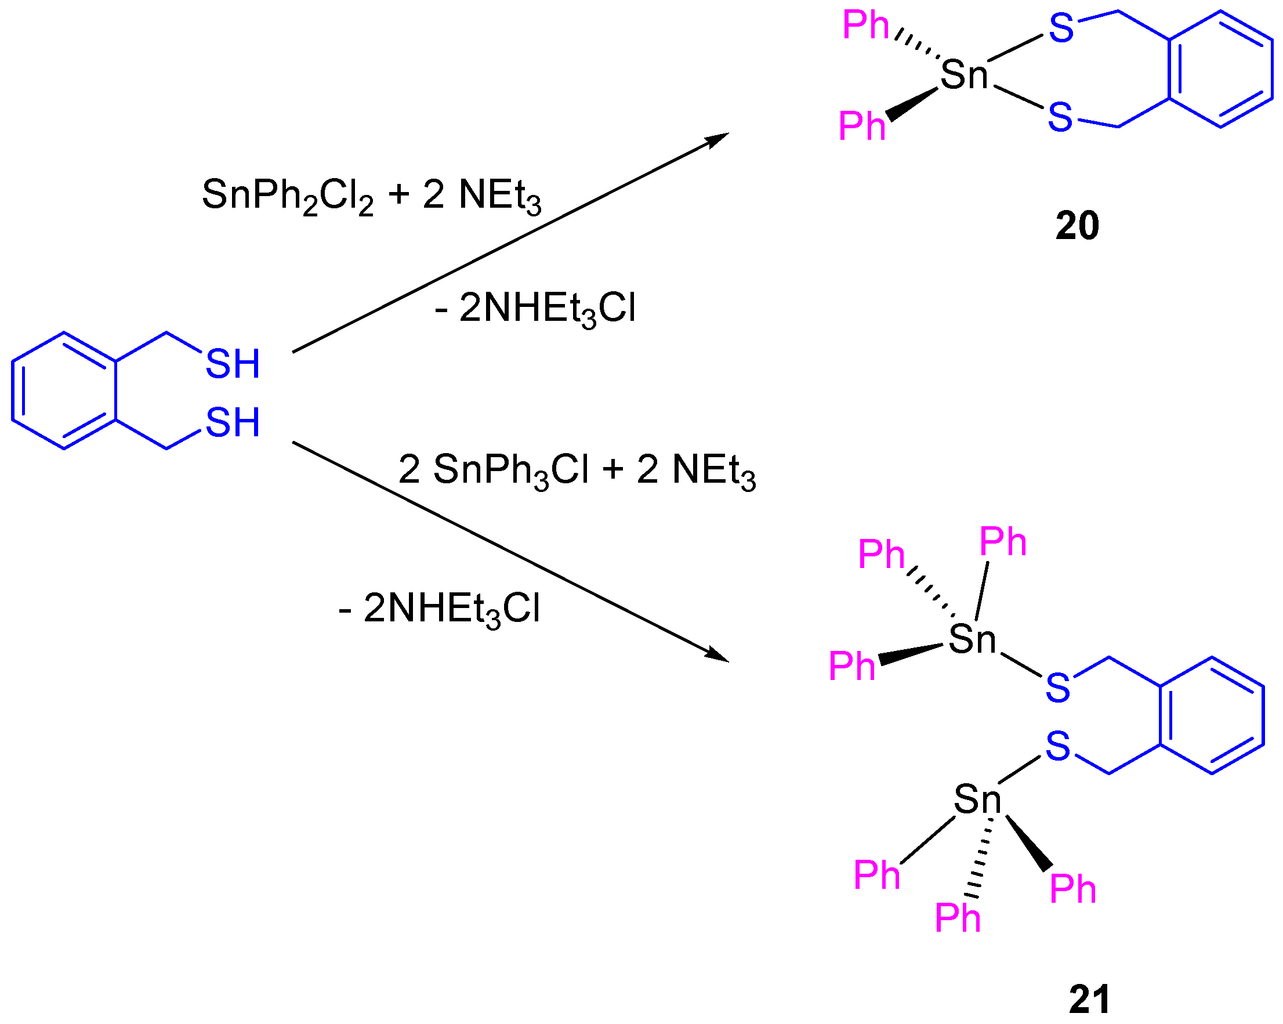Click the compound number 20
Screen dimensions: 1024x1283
(x=1077, y=226)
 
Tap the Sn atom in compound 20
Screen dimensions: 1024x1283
(x=963, y=75)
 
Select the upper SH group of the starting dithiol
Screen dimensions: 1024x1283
(x=233, y=364)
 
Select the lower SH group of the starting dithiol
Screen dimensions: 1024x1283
(x=233, y=422)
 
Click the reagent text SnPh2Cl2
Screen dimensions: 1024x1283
(x=288, y=196)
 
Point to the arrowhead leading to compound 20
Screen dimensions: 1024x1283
(x=716, y=139)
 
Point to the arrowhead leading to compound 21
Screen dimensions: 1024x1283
(x=716, y=656)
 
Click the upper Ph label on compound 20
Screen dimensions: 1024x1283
(x=865, y=26)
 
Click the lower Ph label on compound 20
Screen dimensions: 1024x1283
(x=862, y=126)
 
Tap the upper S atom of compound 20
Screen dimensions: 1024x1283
(x=1061, y=28)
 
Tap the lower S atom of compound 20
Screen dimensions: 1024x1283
(x=1060, y=117)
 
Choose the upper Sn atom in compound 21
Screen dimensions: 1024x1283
(x=972, y=639)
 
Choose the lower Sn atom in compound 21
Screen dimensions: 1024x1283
(x=977, y=799)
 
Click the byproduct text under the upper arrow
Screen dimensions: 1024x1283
(x=535, y=309)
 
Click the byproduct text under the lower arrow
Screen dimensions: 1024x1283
(x=440, y=609)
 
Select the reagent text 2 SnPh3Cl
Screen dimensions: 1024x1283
(x=493, y=470)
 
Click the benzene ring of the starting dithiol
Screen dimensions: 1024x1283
(x=64, y=390)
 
